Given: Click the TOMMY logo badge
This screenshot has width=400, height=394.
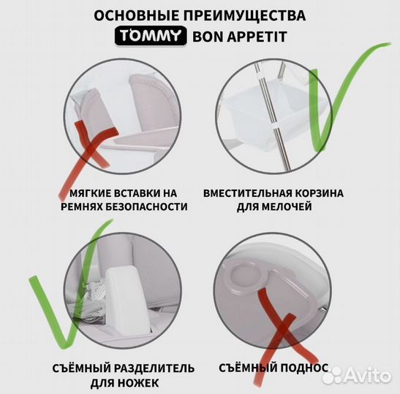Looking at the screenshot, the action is coord(151,36).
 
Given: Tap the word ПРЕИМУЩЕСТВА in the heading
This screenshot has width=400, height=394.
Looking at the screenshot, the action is coord(244,15).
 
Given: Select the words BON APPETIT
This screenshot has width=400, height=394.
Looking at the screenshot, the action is coord(240,36).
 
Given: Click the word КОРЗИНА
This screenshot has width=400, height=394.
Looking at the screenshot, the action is coord(319,193).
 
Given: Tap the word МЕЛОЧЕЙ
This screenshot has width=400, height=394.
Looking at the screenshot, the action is coord(287,206).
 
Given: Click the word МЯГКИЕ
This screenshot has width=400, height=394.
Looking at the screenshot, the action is coord(90,193).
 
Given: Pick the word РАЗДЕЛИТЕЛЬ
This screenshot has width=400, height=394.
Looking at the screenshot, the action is coord(154,368).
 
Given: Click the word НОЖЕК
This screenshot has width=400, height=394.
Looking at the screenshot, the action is coord(138,383).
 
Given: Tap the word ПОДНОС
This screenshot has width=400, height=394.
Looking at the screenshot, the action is coord(304,368).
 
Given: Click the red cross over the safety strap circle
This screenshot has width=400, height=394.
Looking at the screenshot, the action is coord(91,150).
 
